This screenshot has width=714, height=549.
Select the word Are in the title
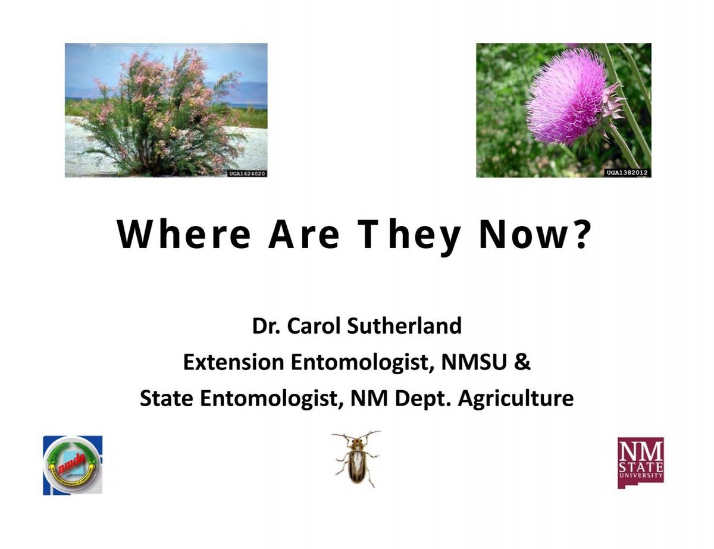303,234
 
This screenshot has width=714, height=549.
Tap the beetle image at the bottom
356,459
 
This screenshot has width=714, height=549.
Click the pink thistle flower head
565,99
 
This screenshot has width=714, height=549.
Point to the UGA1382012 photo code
627,172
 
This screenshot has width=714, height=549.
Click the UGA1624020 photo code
246,173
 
